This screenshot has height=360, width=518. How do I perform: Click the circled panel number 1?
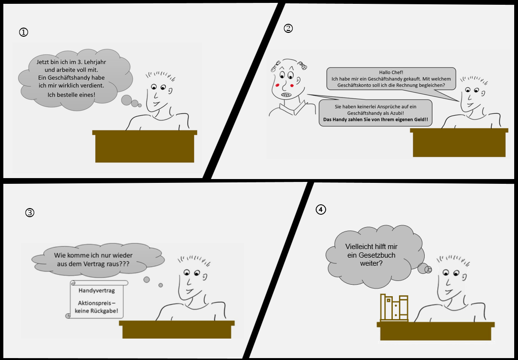click(x=23, y=32)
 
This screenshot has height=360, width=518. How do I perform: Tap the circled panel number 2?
click(x=288, y=29)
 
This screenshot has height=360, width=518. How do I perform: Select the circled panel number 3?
click(x=30, y=213)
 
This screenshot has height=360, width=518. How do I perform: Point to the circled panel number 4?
click(x=321, y=210)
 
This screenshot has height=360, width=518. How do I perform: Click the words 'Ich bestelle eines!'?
click(x=71, y=95)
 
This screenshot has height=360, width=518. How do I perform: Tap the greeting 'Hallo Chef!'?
click(x=391, y=72)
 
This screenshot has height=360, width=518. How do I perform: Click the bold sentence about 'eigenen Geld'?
click(x=375, y=120)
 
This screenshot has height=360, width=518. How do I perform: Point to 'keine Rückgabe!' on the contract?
click(x=97, y=311)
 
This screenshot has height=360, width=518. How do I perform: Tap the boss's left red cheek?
click(x=277, y=85)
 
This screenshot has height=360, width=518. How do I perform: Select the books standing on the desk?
click(x=394, y=308)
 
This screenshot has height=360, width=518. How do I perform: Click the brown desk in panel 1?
click(x=145, y=146)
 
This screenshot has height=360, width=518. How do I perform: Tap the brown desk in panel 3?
click(x=177, y=329)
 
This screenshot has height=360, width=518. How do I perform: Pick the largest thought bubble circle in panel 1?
click(x=127, y=100)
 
